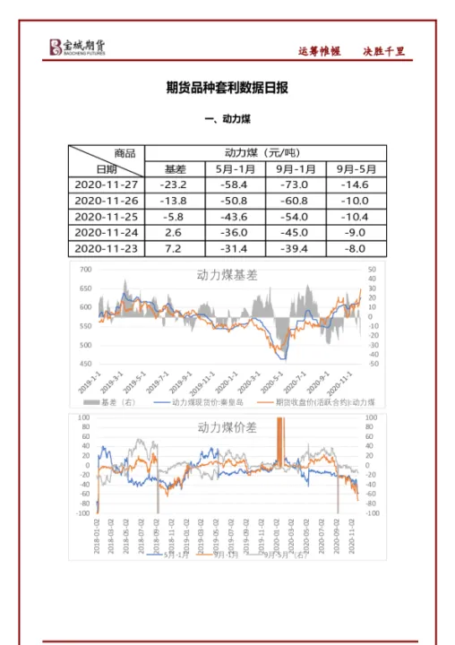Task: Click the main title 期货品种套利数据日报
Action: tap(227, 88)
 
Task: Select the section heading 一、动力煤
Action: tap(227, 119)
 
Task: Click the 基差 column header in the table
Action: tap(176, 168)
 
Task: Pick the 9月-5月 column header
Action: tap(356, 168)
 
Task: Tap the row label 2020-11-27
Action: tap(106, 184)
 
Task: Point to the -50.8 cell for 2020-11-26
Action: tap(236, 200)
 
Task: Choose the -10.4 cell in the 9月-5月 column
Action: tap(356, 216)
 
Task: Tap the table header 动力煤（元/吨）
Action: tap(265, 151)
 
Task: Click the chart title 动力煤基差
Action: tap(227, 275)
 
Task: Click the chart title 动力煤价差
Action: tap(227, 428)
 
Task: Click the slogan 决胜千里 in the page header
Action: tap(385, 51)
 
